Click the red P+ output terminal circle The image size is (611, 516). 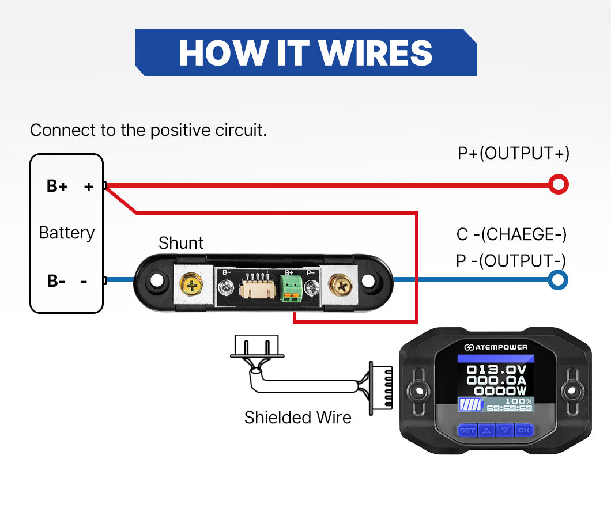point(558,185)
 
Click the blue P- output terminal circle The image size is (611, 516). point(557,280)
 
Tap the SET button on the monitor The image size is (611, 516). point(467,430)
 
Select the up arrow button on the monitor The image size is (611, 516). point(486,430)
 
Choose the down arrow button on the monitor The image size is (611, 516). point(506,430)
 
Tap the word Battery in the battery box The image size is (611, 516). point(66,233)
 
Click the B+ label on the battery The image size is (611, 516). point(57,186)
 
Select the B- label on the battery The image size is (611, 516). point(56,281)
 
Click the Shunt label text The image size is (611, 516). point(181,243)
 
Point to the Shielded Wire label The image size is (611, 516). point(297,417)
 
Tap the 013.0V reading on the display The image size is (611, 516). point(496,369)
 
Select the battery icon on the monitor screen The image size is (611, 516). point(470,405)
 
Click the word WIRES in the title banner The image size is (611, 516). point(375,53)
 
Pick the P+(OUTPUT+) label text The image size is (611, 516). point(513,153)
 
